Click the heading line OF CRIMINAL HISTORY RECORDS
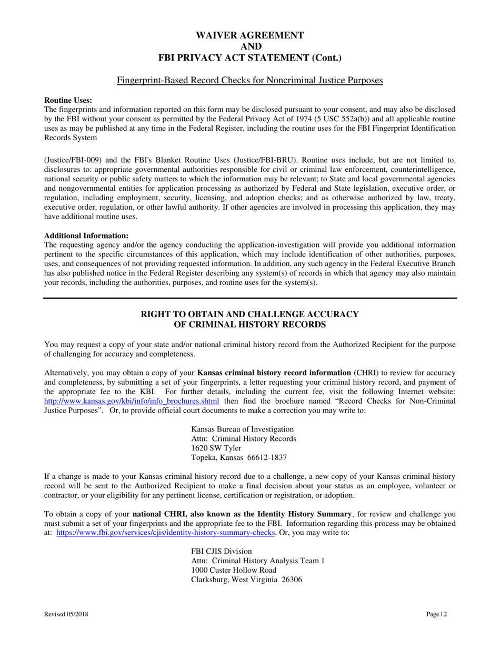coord(249,325)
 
